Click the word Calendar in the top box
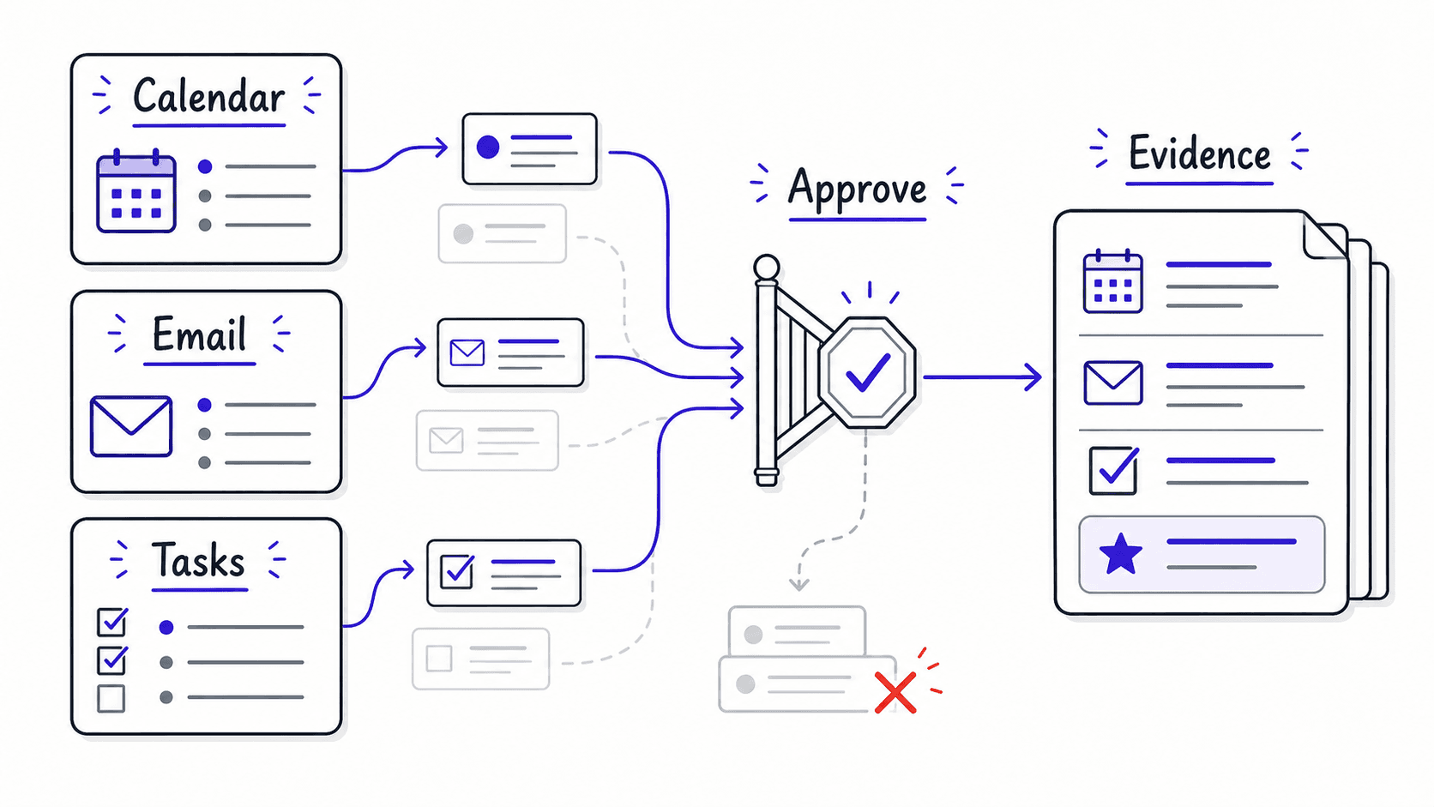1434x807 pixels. click(x=208, y=97)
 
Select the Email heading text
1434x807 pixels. click(x=199, y=334)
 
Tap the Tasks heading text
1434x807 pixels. click(x=198, y=560)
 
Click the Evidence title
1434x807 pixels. click(x=1199, y=154)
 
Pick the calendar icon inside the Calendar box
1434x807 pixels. click(x=136, y=190)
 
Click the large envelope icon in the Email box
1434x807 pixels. click(x=131, y=426)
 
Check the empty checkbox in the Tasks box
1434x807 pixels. click(x=111, y=698)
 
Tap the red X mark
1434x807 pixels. click(x=895, y=692)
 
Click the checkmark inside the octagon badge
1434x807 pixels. click(x=867, y=372)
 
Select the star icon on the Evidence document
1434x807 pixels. click(x=1120, y=554)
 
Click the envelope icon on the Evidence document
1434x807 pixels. click(x=1112, y=382)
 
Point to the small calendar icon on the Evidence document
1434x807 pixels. click(x=1112, y=281)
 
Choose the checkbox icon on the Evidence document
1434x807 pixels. click(x=1114, y=471)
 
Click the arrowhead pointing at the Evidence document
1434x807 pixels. click(x=1033, y=377)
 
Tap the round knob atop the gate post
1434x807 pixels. click(x=766, y=268)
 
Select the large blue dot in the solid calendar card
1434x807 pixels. click(x=488, y=148)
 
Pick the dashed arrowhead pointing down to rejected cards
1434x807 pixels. click(x=799, y=584)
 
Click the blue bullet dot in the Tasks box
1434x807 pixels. click(x=166, y=628)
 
